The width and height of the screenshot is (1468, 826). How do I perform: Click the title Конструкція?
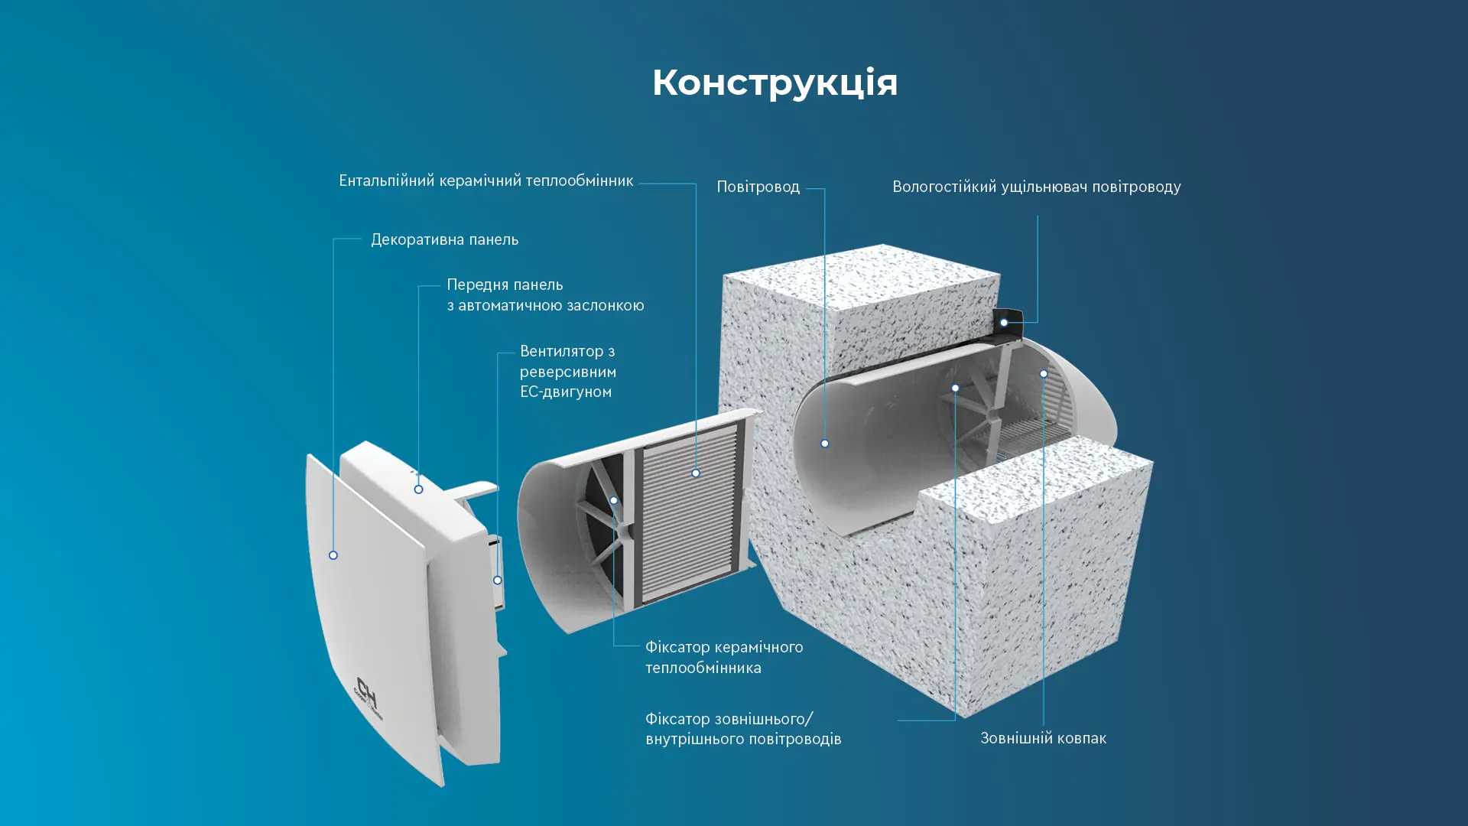(x=775, y=83)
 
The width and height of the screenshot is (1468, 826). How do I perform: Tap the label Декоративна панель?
(x=444, y=239)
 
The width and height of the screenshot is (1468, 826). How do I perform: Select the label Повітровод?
(x=758, y=187)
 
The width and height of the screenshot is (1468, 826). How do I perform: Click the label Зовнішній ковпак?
(x=1043, y=738)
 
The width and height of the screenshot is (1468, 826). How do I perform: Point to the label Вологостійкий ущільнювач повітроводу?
(x=1036, y=187)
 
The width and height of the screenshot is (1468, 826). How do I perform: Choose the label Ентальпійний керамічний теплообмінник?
(x=486, y=180)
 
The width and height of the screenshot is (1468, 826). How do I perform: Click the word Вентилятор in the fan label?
(x=561, y=352)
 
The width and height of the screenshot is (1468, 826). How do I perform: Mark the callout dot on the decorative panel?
(x=333, y=555)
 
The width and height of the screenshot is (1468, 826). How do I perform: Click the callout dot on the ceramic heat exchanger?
(x=696, y=473)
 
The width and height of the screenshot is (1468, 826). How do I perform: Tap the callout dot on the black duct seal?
(x=1004, y=323)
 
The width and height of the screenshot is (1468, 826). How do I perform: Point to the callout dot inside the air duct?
(x=824, y=444)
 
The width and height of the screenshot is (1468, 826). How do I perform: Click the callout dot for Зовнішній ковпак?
(x=1043, y=374)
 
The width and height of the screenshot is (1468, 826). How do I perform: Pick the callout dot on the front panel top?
(x=418, y=489)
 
